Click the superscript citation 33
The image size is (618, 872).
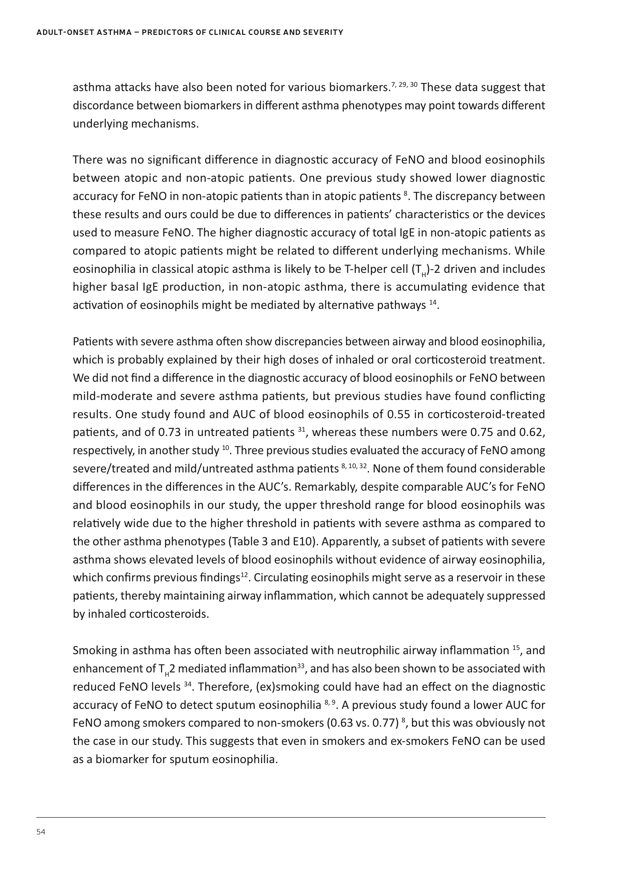(300, 666)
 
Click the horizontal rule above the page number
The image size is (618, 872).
(291, 817)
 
